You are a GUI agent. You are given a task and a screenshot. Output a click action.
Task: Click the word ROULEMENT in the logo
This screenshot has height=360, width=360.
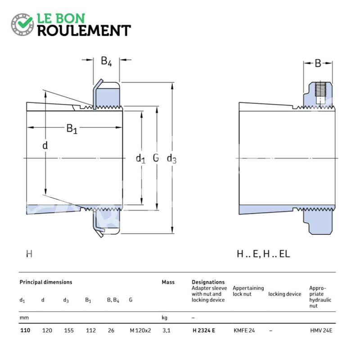(84, 31)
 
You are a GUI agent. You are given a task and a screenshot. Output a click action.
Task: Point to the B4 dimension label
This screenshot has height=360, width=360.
(106, 61)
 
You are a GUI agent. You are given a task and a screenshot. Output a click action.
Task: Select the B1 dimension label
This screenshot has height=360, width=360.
(72, 129)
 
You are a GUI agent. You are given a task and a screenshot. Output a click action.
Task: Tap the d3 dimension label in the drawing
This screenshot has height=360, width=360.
(172, 159)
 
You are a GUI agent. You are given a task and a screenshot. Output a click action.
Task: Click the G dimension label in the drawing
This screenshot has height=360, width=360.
(156, 158)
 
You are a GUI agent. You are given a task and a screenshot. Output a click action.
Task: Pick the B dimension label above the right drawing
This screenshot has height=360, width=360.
(318, 63)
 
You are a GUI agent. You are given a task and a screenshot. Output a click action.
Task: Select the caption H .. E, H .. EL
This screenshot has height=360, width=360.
(263, 254)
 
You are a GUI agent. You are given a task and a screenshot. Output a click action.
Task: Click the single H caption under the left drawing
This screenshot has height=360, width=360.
(29, 254)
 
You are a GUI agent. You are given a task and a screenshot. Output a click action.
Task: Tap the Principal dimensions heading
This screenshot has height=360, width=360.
(46, 282)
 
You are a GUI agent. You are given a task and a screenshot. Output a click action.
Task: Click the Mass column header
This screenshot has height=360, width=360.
(168, 282)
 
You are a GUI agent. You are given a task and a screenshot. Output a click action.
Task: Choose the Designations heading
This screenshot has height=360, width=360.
(208, 282)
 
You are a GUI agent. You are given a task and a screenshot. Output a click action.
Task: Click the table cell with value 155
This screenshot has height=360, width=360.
(69, 330)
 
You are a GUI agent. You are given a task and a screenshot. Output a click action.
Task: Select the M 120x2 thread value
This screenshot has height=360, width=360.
(140, 330)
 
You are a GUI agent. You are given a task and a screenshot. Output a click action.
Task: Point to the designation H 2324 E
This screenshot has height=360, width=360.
(204, 330)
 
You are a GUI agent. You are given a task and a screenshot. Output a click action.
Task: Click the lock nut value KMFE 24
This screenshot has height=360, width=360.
(244, 330)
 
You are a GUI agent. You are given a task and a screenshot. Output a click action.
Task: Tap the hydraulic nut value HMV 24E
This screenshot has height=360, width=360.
(321, 330)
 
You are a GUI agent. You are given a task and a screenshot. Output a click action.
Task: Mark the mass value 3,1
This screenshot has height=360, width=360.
(166, 331)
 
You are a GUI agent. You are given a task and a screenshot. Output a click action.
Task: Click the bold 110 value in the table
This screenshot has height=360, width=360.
(25, 330)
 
